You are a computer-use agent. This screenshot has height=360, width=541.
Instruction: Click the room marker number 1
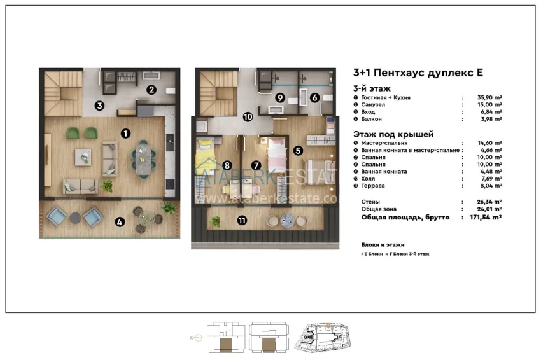[x=125, y=133]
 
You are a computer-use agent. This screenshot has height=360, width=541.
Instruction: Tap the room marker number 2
[x=151, y=90]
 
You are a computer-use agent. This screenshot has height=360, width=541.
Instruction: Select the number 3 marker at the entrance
[x=100, y=106]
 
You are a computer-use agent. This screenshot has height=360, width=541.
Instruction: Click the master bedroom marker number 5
[x=298, y=151]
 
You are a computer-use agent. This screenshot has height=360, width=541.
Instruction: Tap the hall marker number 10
[x=248, y=116]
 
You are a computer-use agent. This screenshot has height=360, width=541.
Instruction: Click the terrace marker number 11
[x=242, y=221]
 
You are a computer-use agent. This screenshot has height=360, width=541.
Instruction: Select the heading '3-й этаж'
[x=372, y=88]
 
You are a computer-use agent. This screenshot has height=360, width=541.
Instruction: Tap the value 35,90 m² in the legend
[x=489, y=98]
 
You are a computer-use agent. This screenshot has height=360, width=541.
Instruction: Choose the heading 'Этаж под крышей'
[x=393, y=134]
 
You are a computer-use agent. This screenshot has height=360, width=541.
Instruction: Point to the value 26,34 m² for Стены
[x=489, y=201]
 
